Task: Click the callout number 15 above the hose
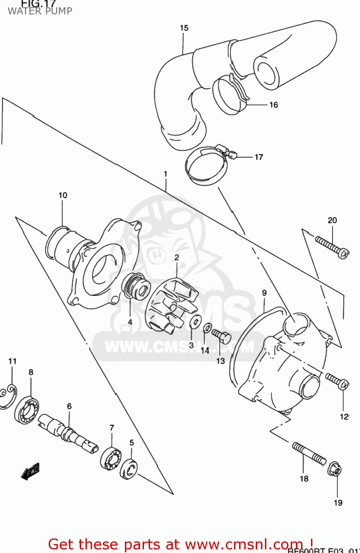pyautogui.click(x=184, y=28)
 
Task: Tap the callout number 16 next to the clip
pyautogui.click(x=273, y=105)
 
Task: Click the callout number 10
pyautogui.click(x=63, y=195)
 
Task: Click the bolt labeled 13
pyautogui.click(x=221, y=336)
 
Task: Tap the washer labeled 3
pyautogui.click(x=195, y=321)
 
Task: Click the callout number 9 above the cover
pyautogui.click(x=264, y=293)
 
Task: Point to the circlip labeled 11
pyautogui.click(x=8, y=397)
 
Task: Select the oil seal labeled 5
pyautogui.click(x=129, y=469)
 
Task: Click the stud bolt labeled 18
pyautogui.click(x=309, y=453)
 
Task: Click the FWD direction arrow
pyautogui.click(x=30, y=472)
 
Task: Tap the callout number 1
pyautogui.click(x=165, y=174)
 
